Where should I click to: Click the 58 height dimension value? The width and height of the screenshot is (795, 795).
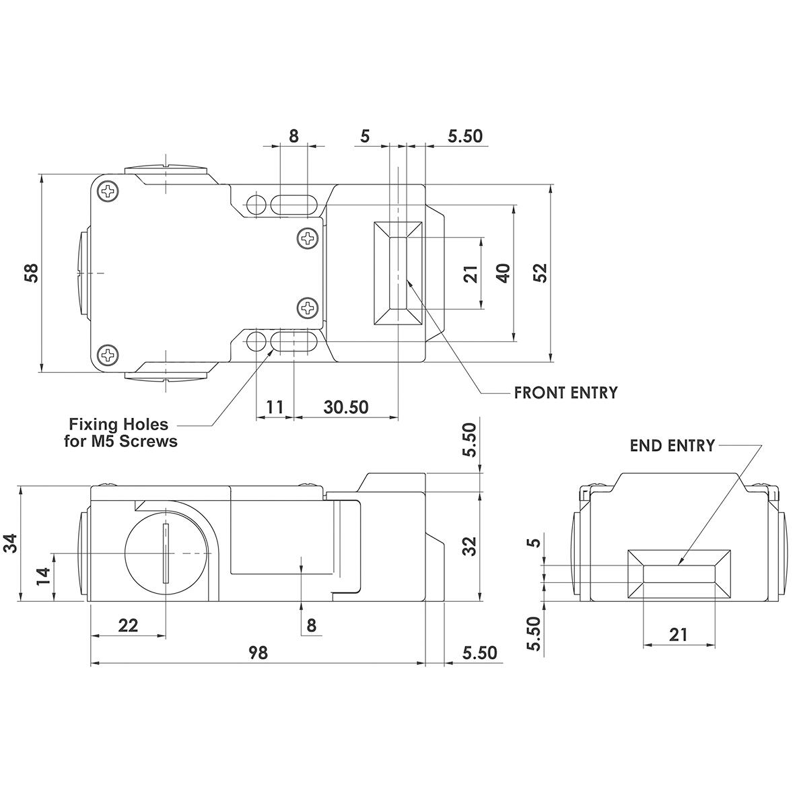coord(32,273)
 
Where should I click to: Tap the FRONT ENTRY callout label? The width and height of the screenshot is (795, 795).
coord(566,392)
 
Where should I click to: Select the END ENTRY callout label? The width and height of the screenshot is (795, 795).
coord(672,446)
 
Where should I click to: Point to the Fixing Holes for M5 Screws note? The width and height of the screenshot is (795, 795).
coord(120,432)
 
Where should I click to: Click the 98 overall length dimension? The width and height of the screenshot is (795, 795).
coord(258,652)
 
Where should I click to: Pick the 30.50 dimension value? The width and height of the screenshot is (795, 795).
coord(346,407)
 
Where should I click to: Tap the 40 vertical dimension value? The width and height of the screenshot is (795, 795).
coord(503,273)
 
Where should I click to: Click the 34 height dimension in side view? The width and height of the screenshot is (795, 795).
coord(11,543)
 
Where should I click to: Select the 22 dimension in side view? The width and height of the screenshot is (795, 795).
coord(128,625)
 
